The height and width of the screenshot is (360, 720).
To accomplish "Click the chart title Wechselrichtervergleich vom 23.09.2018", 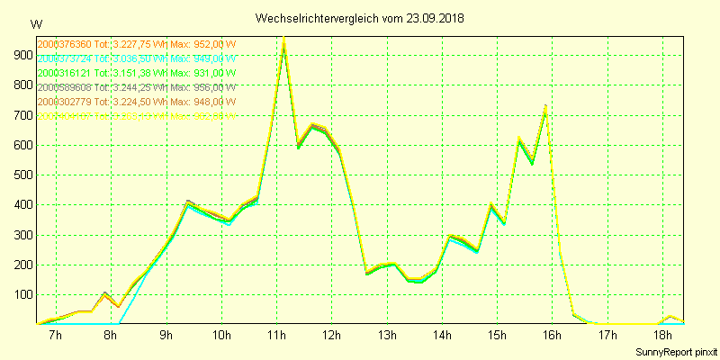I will (360, 18).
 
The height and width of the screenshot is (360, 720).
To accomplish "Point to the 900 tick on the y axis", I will (19, 55).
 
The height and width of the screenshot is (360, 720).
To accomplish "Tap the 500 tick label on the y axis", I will (19, 175).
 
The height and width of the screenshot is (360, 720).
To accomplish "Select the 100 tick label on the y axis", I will (19, 294).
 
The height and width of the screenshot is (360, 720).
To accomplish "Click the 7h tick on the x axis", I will (55, 336).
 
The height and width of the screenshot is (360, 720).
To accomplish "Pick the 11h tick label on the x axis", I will (276, 336).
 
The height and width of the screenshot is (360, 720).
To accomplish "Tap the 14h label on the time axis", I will (442, 336).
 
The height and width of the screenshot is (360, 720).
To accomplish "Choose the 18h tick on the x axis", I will (662, 336).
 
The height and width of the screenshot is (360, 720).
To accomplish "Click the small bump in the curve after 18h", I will (670, 317).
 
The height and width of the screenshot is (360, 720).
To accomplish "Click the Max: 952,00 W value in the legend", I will (203, 44).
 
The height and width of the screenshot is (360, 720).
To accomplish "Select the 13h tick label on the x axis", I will (387, 336).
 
